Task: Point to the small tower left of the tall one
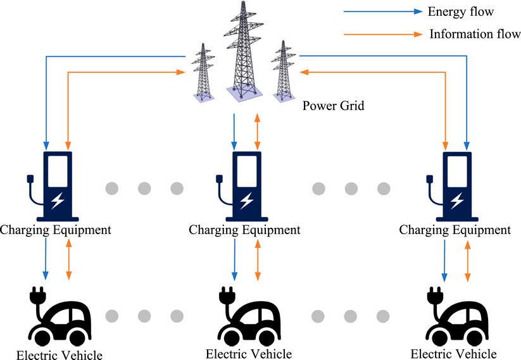(204, 73)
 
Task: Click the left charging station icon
(54, 183)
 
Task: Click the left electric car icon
(60, 316)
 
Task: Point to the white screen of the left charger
(58, 169)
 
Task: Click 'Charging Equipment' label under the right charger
(455, 230)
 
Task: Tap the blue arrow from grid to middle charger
(235, 130)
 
